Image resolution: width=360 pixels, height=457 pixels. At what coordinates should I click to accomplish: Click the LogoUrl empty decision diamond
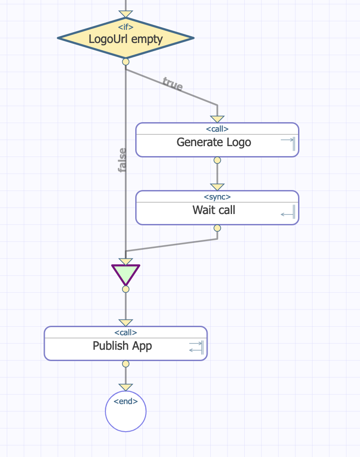click(126, 39)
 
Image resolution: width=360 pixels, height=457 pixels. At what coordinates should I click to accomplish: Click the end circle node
click(126, 412)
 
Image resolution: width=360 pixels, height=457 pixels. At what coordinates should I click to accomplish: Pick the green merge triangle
click(126, 274)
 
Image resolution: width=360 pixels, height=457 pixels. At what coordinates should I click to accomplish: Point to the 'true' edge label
click(173, 84)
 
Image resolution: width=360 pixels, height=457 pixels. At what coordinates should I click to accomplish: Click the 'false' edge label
click(122, 160)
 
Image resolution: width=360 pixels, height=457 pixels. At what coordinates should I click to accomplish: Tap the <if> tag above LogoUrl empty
click(126, 27)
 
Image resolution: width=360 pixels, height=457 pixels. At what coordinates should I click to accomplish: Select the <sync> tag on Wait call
click(217, 197)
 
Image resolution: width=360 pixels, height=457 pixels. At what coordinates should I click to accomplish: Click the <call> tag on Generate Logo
click(217, 129)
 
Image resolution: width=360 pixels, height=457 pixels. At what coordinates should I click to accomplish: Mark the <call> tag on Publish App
click(126, 333)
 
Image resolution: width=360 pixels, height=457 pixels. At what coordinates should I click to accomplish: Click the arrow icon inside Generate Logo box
click(288, 143)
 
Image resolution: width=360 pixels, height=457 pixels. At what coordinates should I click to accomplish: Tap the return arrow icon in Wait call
click(288, 212)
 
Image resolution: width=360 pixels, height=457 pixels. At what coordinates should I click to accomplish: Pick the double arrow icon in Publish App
click(196, 347)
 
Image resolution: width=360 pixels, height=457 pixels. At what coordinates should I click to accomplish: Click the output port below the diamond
click(126, 62)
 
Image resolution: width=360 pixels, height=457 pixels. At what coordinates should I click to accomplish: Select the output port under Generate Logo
click(217, 160)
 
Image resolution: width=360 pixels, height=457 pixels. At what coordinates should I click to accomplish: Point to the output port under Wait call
click(217, 228)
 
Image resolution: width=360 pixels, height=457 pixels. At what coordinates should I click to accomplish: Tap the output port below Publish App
click(126, 364)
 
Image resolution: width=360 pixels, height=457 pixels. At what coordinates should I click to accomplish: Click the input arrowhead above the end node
click(126, 387)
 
